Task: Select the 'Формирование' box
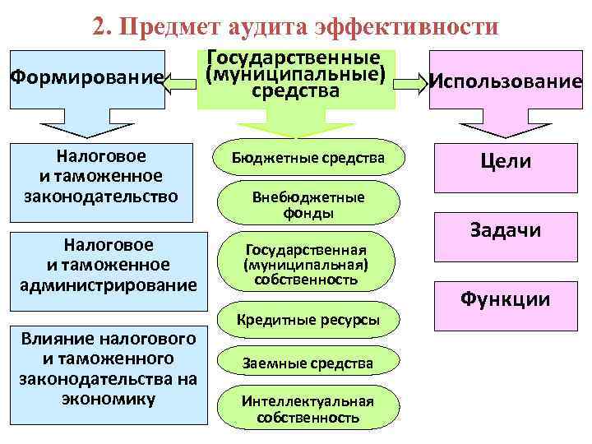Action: pyautogui.click(x=86, y=79)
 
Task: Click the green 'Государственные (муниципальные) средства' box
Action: pyautogui.click(x=295, y=76)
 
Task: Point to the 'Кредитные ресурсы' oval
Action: pyautogui.click(x=308, y=320)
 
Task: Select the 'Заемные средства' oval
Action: pyautogui.click(x=308, y=363)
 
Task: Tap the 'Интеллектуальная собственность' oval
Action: pyautogui.click(x=308, y=409)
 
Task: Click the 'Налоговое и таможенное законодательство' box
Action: pyautogui.click(x=107, y=175)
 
